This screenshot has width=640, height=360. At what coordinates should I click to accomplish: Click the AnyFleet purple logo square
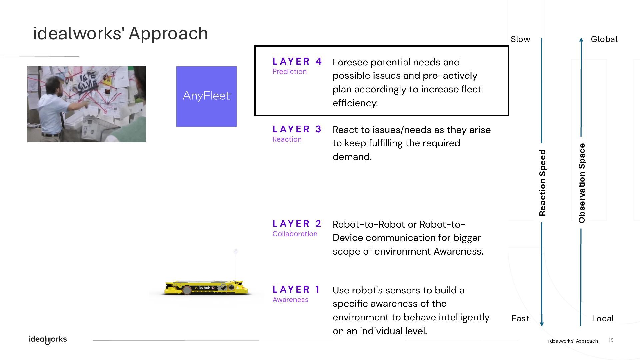(x=206, y=96)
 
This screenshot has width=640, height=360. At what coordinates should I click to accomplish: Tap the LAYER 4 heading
(x=297, y=61)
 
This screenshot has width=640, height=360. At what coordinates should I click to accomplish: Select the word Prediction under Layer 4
(x=289, y=72)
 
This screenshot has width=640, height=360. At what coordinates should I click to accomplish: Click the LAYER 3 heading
(x=297, y=129)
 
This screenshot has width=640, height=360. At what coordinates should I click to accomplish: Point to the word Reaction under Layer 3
(x=287, y=139)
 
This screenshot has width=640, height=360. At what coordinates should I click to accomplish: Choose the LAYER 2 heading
(x=297, y=223)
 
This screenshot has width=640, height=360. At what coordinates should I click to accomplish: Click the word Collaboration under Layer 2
(x=295, y=234)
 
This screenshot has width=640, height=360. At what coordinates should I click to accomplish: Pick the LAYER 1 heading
(x=296, y=289)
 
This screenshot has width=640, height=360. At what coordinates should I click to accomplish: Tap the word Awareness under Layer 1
(x=290, y=300)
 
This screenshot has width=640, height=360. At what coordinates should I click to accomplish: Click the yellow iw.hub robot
(x=206, y=288)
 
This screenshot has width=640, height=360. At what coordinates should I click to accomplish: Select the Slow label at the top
(x=520, y=39)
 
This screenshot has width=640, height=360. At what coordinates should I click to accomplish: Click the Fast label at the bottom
(x=520, y=319)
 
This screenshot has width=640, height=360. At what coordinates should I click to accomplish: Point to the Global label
(x=604, y=39)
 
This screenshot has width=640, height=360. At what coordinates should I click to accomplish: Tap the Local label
(x=603, y=319)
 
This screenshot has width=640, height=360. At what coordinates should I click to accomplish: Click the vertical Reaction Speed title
(x=542, y=183)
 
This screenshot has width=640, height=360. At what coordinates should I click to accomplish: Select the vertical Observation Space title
(x=582, y=183)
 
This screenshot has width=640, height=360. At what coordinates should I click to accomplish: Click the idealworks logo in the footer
(x=48, y=339)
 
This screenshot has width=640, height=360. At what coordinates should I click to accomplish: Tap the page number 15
(x=611, y=340)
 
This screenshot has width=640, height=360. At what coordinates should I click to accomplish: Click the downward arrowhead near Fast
(x=542, y=324)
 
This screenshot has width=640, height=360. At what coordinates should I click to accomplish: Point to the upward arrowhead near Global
(x=581, y=40)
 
